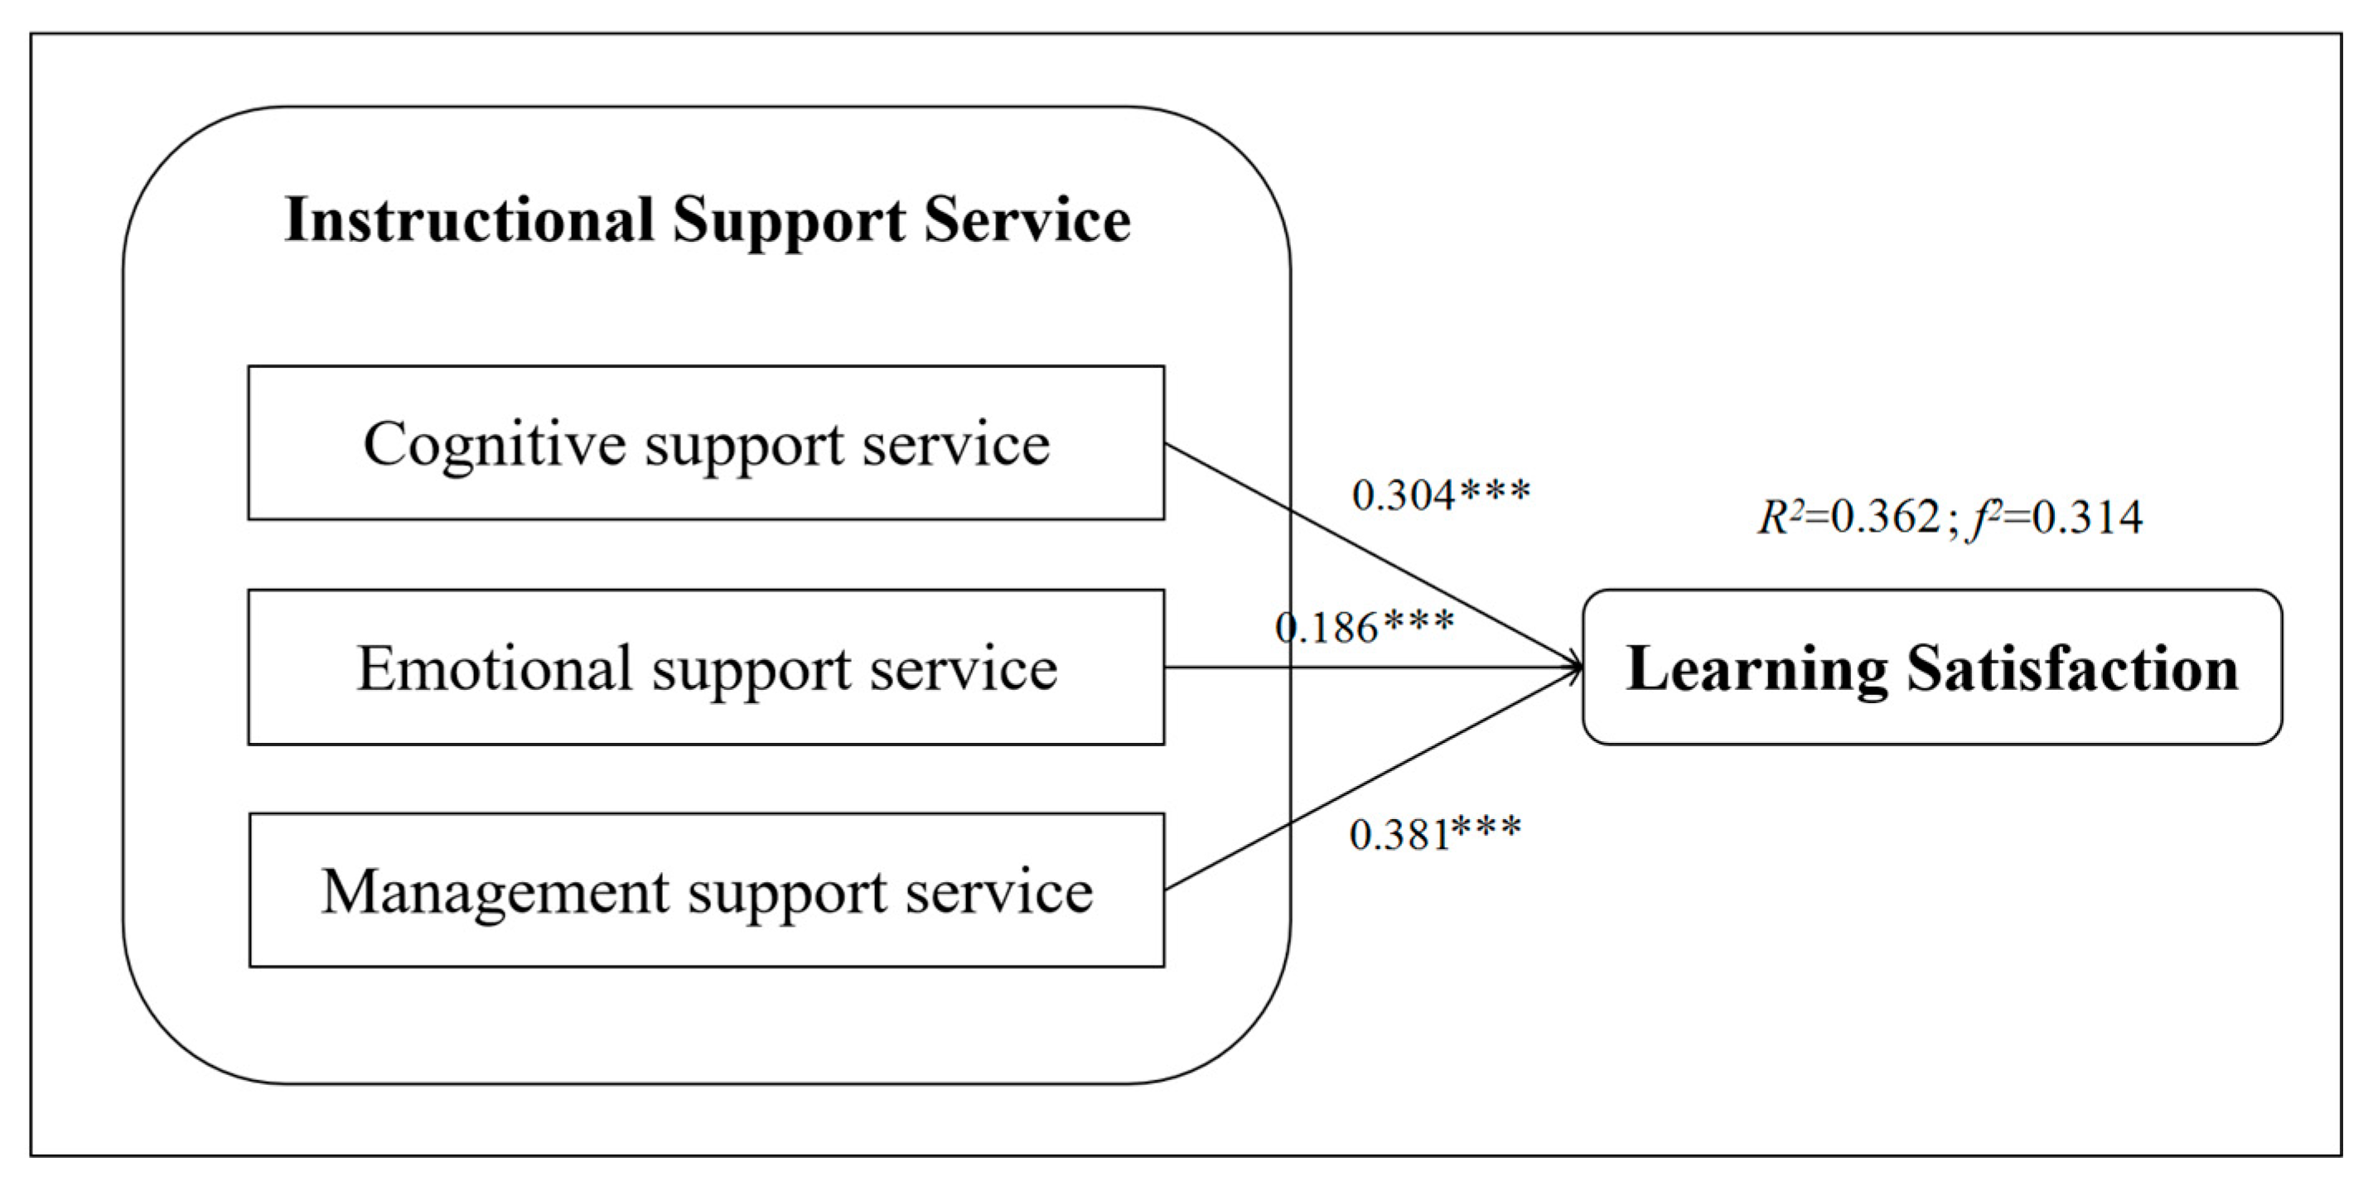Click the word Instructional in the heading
(x=470, y=221)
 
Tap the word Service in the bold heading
(x=1027, y=221)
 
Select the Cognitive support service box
(x=706, y=443)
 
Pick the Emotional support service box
(x=706, y=667)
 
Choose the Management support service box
(x=706, y=890)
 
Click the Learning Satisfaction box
(x=1931, y=667)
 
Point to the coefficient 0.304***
(x=1441, y=494)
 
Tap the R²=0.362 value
(x=1848, y=517)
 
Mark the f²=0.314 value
(x=2056, y=517)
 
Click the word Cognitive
(x=495, y=443)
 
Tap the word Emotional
(x=495, y=667)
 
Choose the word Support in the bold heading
(x=789, y=221)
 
